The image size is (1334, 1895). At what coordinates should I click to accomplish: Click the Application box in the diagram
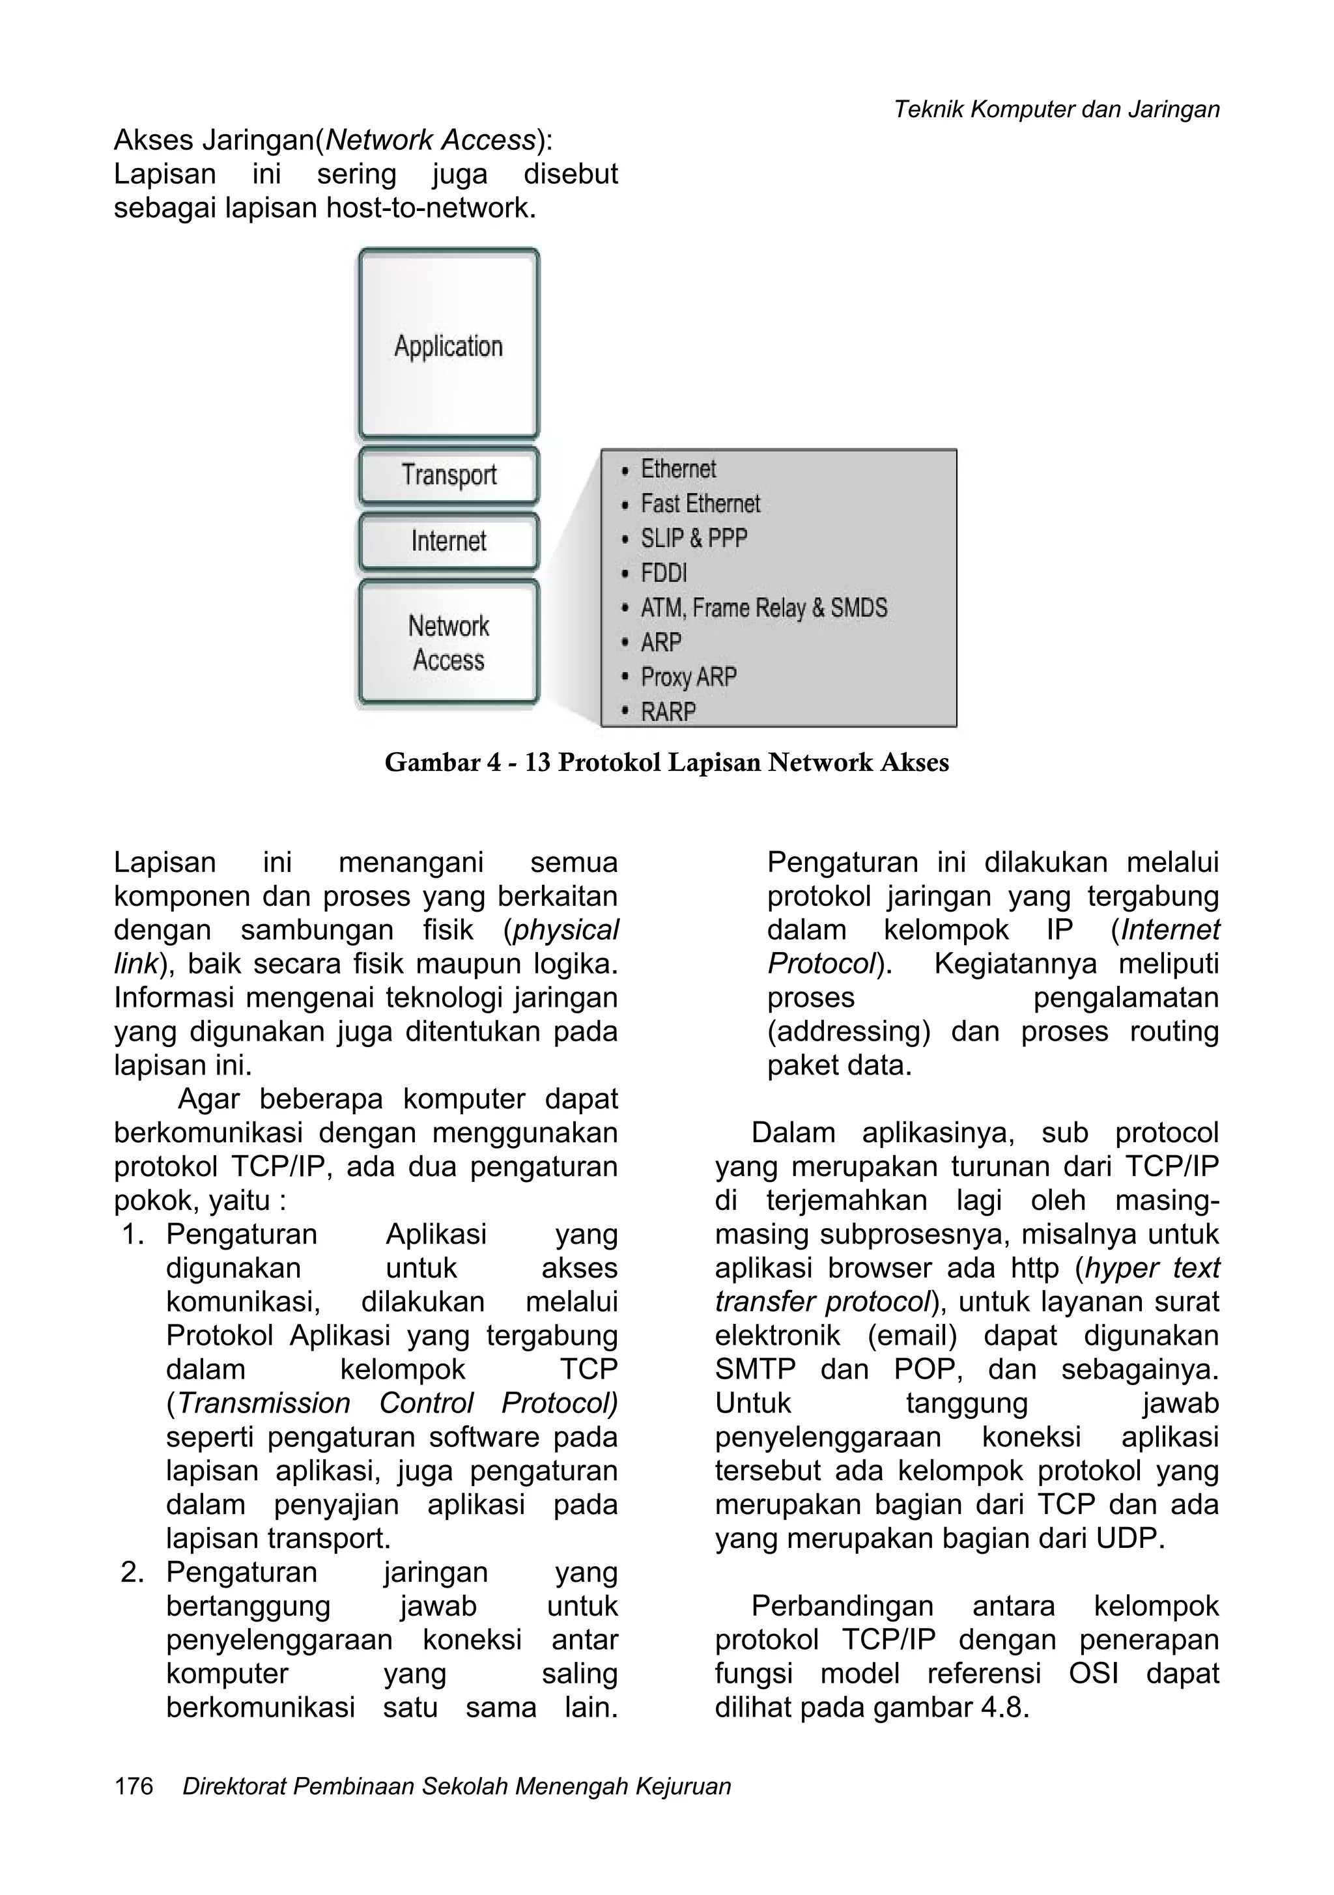click(448, 345)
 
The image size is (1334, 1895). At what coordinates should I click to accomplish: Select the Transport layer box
click(448, 475)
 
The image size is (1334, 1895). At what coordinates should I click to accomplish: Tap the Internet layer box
click(448, 541)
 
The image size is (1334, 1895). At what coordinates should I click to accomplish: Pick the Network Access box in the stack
click(448, 643)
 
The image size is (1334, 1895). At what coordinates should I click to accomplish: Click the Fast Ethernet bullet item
click(700, 503)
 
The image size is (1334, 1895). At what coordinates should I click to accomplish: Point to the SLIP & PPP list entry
click(694, 538)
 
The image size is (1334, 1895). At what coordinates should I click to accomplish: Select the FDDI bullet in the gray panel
click(664, 573)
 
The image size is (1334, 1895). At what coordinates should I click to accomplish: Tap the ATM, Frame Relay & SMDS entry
click(763, 608)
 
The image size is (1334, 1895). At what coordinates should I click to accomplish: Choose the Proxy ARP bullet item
click(688, 677)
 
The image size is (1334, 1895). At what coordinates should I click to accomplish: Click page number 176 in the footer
click(134, 1788)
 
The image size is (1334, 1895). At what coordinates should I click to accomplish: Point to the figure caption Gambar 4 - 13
click(666, 762)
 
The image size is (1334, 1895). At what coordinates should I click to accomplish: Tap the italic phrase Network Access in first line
click(430, 140)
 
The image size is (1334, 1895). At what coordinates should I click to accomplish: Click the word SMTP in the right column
click(754, 1369)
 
